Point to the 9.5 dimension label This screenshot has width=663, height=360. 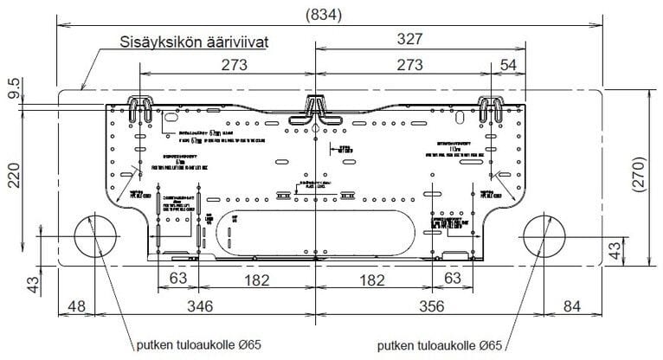(13, 89)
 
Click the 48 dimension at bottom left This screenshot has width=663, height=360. (78, 306)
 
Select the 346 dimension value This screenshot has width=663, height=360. (202, 306)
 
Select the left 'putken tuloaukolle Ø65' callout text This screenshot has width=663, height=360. (198, 344)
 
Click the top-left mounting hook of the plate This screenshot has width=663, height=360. (140, 108)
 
